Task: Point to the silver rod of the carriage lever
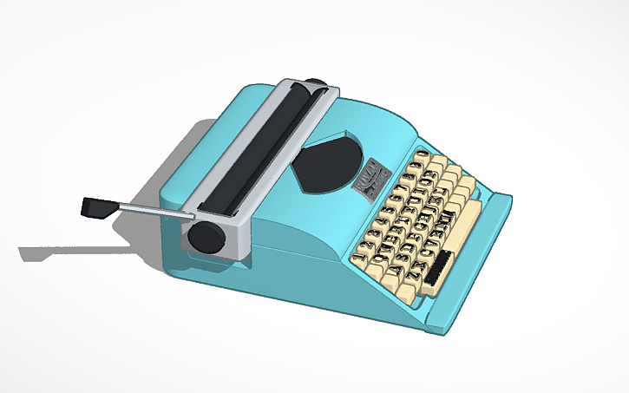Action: tap(153, 208)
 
